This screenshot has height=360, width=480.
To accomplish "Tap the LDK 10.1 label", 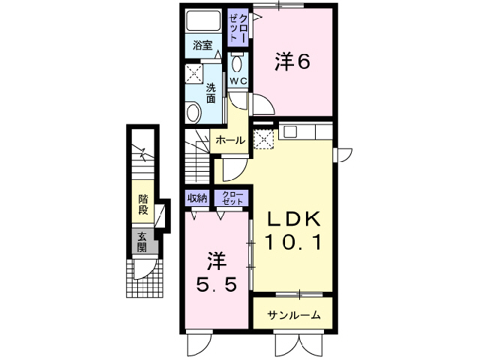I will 294,231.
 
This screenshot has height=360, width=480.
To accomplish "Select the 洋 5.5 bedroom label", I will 216,273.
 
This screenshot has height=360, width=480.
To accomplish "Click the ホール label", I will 228,140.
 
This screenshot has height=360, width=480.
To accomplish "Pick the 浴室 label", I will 202,44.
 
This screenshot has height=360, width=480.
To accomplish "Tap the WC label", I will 238,80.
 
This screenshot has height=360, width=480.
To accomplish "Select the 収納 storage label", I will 196,198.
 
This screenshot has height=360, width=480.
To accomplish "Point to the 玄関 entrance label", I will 142,242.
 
